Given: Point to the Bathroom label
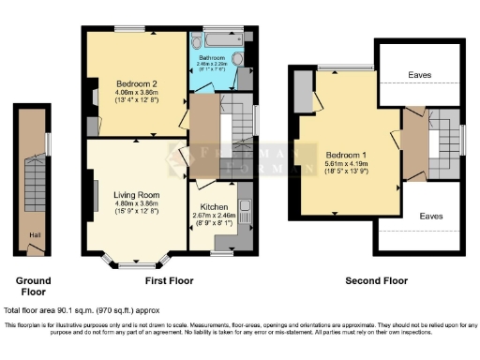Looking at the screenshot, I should [x=213, y=59].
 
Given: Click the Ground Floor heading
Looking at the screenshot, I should [x=34, y=285].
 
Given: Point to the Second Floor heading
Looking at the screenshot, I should [x=377, y=280].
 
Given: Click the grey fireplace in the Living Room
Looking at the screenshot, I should [x=94, y=197].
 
